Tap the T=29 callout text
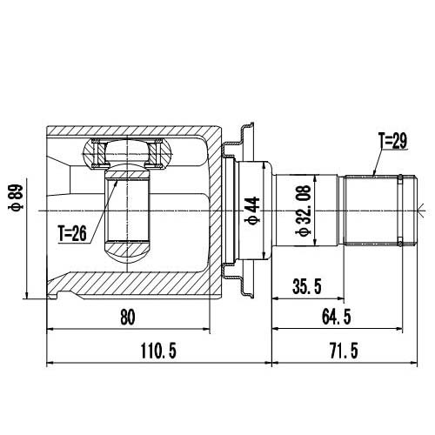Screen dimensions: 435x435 click(x=392, y=139)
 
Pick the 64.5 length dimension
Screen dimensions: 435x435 click(x=338, y=318)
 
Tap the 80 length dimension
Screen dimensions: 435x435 click(x=128, y=318)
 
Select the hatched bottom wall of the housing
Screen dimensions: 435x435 click(x=130, y=283)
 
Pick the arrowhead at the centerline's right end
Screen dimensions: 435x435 click(x=420, y=210)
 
